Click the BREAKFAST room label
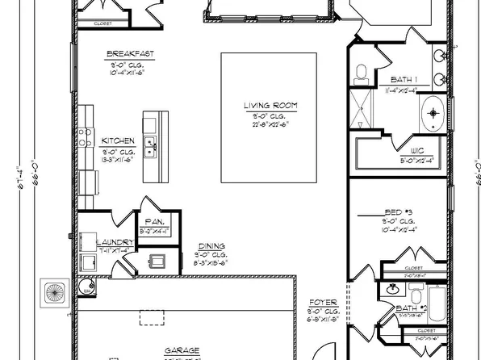(x=130, y=55)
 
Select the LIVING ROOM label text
(x=269, y=106)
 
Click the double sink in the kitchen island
(x=150, y=146)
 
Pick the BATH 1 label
(x=404, y=79)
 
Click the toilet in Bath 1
(x=361, y=73)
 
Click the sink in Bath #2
(x=392, y=288)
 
